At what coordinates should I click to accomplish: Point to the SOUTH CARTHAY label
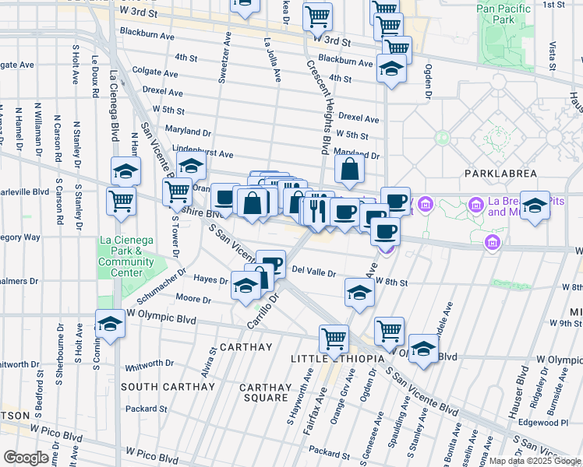pyautogui.click(x=168, y=387)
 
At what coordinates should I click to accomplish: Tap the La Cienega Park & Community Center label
pyautogui.click(x=125, y=256)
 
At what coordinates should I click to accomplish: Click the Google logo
pyautogui.click(x=26, y=458)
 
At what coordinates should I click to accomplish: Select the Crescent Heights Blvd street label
pyautogui.click(x=320, y=109)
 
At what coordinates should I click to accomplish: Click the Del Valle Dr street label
pyautogui.click(x=313, y=272)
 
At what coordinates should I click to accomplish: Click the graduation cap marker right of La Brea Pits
pyautogui.click(x=535, y=206)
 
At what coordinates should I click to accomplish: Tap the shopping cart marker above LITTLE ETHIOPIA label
pyautogui.click(x=334, y=339)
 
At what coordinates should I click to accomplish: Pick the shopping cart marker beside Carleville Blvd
pyautogui.click(x=121, y=201)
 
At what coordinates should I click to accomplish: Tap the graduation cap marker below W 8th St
pyautogui.click(x=359, y=293)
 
